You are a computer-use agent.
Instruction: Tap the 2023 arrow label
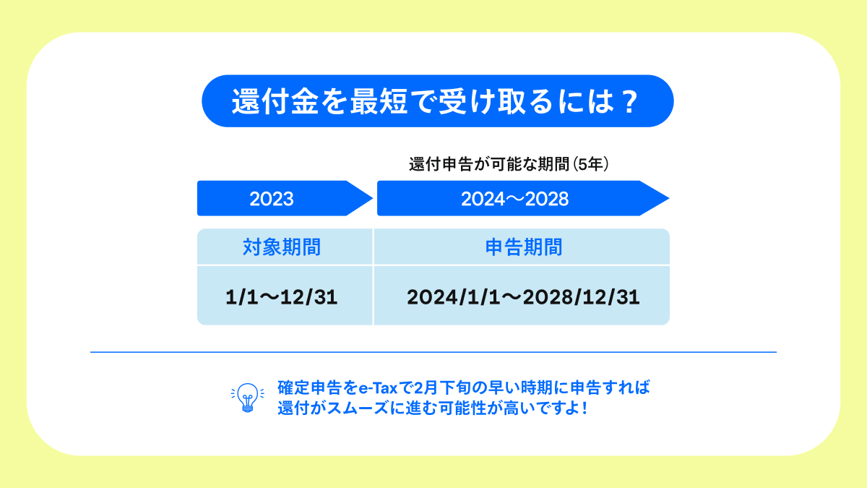(x=272, y=199)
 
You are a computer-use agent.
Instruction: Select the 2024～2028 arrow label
(x=514, y=199)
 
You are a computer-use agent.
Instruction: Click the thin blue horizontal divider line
(x=433, y=352)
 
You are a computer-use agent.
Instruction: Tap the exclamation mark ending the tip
(x=583, y=407)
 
